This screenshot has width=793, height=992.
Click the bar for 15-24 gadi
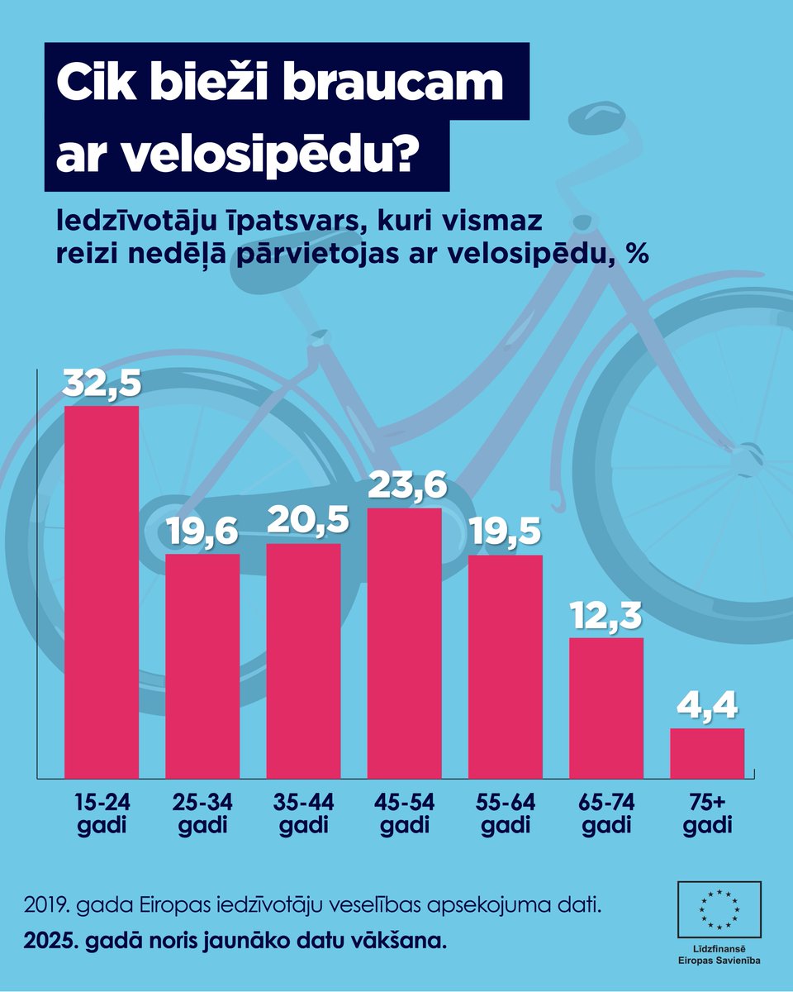click(102, 591)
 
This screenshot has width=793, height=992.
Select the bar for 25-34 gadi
click(202, 665)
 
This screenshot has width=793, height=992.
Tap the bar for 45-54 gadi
click(404, 642)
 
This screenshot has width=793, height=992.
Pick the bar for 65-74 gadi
click(606, 707)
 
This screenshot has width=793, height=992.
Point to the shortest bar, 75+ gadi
click(707, 752)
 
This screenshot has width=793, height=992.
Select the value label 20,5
click(303, 521)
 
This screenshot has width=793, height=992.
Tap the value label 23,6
click(404, 485)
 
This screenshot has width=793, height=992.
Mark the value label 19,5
click(505, 532)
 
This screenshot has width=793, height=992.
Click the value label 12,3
click(606, 616)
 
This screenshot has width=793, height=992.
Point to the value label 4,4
click(707, 707)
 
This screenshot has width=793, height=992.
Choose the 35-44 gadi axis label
click(303, 813)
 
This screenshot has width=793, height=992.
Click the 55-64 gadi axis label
click(505, 813)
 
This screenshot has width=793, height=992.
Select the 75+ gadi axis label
click(707, 813)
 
